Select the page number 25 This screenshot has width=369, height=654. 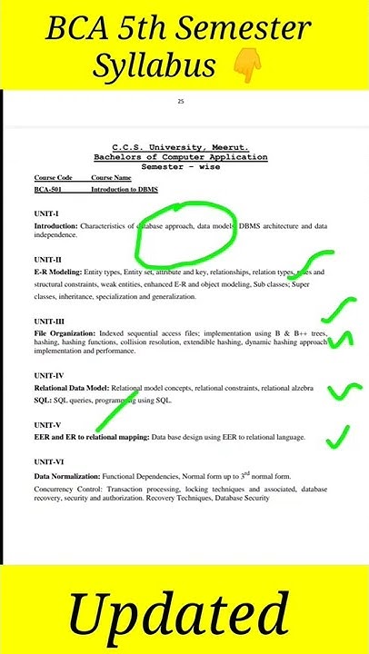click(181, 101)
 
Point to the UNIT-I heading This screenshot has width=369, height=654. click(46, 213)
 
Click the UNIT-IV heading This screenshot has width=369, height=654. click(49, 375)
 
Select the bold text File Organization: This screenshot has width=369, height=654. click(65, 333)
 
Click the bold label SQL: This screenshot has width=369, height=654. click(43, 400)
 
